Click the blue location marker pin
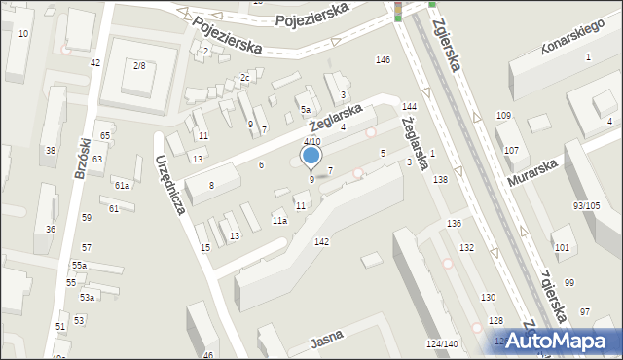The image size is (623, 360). tap(311, 156)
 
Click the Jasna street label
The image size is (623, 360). tap(328, 342)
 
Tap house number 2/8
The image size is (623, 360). tap(139, 65)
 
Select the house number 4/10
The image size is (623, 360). tap(311, 141)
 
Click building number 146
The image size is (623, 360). tap(384, 60)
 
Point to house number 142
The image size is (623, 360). tap(321, 241)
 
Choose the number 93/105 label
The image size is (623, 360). tap(586, 206)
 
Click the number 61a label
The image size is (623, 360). tap(122, 185)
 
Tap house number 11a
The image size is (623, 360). tap(279, 222)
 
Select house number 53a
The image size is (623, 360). tap(87, 298)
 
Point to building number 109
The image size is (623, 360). tap(503, 116)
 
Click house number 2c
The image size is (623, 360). tap(245, 78)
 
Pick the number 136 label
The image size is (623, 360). tap(454, 224)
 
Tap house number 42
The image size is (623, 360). tap(95, 63)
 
